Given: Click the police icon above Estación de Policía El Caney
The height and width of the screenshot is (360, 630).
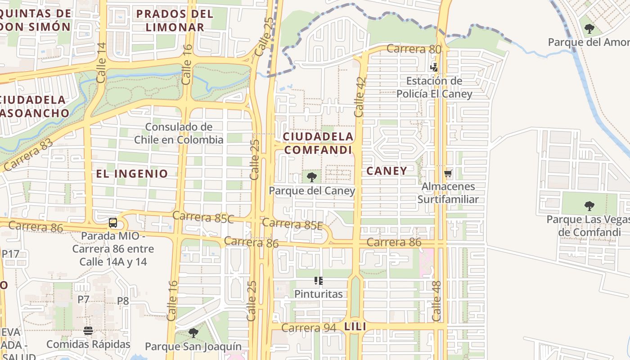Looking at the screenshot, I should point(434,67).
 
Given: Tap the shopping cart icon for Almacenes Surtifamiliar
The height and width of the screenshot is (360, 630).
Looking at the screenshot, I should point(448,173).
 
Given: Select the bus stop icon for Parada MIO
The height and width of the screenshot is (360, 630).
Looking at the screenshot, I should point(113,223).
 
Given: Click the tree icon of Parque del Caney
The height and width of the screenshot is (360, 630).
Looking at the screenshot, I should point(311,177).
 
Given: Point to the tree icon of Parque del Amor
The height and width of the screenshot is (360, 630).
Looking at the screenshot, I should point(589,29).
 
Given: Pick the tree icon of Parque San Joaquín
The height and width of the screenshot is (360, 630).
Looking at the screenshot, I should point(193,333).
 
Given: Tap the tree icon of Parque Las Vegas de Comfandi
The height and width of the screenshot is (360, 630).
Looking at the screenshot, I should point(589,206).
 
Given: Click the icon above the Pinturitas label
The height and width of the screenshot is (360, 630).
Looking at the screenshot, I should point(319,281).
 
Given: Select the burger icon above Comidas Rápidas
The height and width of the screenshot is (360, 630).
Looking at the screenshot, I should point(88,331).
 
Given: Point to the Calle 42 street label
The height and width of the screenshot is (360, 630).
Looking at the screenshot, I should point(360,97).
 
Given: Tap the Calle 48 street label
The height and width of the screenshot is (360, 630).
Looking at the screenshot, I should point(437,301).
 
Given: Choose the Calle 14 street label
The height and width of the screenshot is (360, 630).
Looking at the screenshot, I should point(101,63).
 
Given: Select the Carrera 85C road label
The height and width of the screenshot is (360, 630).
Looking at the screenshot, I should point(203,217).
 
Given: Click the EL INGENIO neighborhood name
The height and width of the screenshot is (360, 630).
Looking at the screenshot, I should point(132,173).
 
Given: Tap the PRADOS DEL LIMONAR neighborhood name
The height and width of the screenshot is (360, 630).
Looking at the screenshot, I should point(175,20).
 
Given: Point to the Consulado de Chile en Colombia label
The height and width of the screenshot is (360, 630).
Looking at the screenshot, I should point(179,133).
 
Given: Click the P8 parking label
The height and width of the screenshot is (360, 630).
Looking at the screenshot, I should point(123,301).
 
